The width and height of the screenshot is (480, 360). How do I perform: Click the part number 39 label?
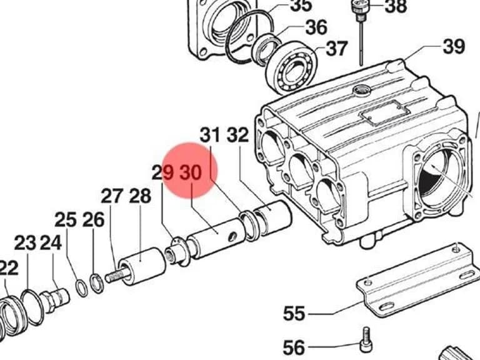[x=454, y=46]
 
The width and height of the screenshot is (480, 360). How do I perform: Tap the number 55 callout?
[x=294, y=314]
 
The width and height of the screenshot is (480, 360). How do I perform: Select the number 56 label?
[x=294, y=347]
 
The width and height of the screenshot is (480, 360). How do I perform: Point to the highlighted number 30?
[x=191, y=172]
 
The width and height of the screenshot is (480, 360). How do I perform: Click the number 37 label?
[x=337, y=48]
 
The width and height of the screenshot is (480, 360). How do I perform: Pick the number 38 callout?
[x=396, y=6]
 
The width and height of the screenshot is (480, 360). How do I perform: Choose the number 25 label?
[x=66, y=220]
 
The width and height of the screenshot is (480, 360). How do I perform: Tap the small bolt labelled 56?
[x=366, y=340]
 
